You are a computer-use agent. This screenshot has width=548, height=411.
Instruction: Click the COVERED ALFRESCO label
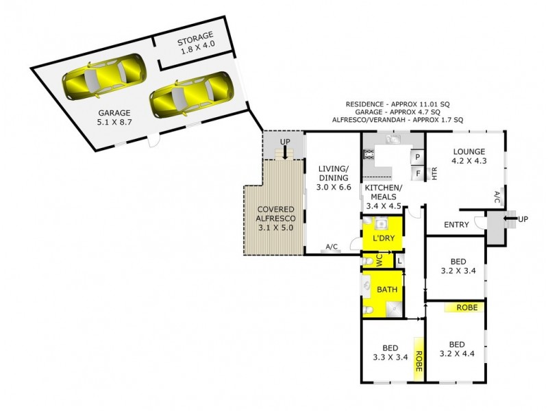click(276, 218)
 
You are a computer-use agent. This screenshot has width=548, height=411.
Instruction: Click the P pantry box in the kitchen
click(417, 157)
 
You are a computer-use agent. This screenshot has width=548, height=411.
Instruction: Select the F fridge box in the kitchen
click(417, 173)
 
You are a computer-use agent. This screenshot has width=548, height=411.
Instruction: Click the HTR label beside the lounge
click(434, 173)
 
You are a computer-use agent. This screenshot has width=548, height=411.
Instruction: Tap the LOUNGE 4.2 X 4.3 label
click(469, 157)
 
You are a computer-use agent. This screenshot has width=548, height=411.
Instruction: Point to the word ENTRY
click(456, 225)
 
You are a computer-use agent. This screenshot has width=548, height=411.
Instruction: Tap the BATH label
click(387, 290)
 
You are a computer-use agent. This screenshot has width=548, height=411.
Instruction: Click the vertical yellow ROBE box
click(416, 356)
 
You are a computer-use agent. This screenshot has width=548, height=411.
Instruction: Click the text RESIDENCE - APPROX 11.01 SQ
click(395, 105)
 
